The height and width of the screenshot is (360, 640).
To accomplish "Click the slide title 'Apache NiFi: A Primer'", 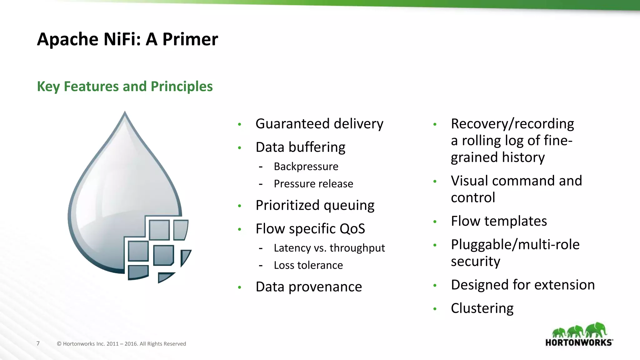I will [x=127, y=39].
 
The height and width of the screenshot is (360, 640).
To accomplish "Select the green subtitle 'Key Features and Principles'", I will [x=125, y=86].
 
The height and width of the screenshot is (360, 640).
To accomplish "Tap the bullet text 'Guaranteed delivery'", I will [x=319, y=124].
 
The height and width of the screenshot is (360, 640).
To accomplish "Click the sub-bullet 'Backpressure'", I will [x=306, y=167].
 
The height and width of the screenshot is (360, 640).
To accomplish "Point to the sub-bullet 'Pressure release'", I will [x=313, y=184].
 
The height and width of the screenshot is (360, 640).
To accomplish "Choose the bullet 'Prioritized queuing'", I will [x=315, y=205].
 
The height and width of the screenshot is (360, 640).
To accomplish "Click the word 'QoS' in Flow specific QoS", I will [x=352, y=229].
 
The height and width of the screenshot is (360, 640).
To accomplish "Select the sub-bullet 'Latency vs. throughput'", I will [x=329, y=248].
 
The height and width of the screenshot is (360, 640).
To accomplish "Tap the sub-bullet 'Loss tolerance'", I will [x=308, y=265].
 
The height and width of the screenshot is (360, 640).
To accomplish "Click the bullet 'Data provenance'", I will [x=308, y=287].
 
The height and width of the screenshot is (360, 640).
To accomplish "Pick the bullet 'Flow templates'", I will [x=499, y=221].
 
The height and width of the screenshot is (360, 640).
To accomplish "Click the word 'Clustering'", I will [x=482, y=308].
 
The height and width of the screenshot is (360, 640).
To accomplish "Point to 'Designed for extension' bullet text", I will [x=522, y=285].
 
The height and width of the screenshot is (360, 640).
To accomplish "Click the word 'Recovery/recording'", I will [x=512, y=124].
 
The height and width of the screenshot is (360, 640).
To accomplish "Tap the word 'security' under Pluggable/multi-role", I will [x=475, y=261].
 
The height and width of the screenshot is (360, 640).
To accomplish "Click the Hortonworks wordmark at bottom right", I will [x=579, y=342].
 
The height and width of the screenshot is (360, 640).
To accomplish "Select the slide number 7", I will [x=38, y=343].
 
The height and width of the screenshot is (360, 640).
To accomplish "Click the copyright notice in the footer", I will [x=121, y=344].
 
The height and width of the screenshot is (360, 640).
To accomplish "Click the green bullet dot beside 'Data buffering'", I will [x=239, y=147].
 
